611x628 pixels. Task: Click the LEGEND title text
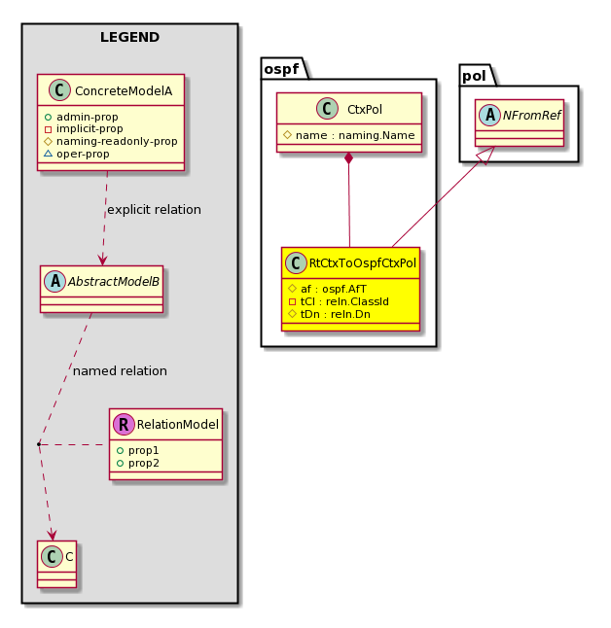tap(130, 37)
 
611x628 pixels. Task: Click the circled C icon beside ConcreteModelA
tap(59, 90)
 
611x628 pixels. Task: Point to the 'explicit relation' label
tap(155, 209)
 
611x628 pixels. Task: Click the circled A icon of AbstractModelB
tap(54, 281)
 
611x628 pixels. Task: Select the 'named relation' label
tap(120, 371)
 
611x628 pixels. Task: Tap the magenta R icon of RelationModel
tap(124, 424)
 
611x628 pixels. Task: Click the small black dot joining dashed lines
tap(39, 444)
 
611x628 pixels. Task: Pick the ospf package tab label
tap(281, 69)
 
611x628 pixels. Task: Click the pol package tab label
tap(474, 76)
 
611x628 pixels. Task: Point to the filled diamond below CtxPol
tap(349, 157)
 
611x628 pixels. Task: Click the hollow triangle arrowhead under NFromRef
tap(488, 155)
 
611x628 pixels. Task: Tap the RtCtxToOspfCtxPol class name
tap(363, 263)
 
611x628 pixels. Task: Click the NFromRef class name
tap(531, 116)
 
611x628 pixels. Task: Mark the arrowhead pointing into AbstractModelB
tap(102, 260)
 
